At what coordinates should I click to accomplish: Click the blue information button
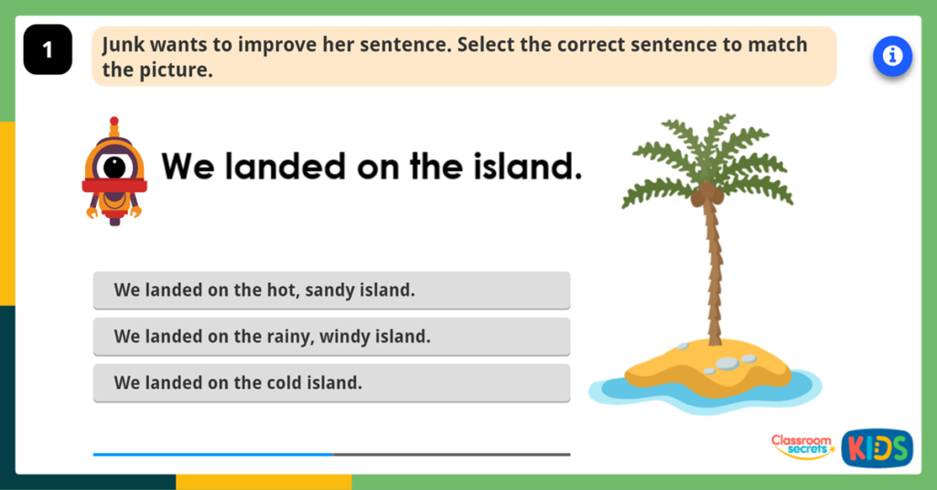click(892, 57)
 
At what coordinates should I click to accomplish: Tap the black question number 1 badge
click(48, 50)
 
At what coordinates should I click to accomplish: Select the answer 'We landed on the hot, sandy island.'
click(331, 290)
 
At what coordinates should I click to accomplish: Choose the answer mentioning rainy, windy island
click(331, 336)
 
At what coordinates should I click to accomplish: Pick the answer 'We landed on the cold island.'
click(331, 383)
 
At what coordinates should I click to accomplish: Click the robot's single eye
click(114, 167)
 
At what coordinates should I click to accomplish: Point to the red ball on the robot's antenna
click(114, 121)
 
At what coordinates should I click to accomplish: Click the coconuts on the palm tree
click(706, 193)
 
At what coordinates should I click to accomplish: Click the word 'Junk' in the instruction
click(123, 44)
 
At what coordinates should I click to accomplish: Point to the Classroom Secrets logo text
click(801, 446)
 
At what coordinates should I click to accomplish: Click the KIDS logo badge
click(877, 448)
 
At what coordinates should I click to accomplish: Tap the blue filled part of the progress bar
click(212, 454)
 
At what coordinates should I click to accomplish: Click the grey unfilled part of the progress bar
click(451, 454)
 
